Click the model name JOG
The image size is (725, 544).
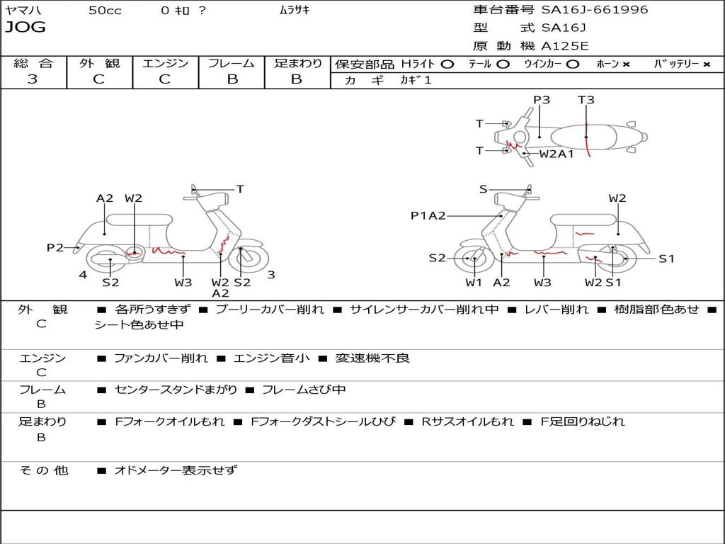[25, 28]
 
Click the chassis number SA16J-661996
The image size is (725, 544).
[595, 10]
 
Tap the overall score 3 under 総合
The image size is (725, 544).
[33, 79]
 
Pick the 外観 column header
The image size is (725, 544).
[99, 63]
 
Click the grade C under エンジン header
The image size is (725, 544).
[164, 79]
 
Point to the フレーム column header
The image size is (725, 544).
[231, 63]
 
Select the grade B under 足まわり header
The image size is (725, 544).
[297, 79]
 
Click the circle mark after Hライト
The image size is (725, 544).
[447, 64]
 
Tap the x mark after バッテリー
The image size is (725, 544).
[706, 64]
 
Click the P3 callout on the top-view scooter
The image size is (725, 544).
[542, 100]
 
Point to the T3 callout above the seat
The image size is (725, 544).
[586, 100]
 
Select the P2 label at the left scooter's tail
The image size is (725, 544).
[55, 247]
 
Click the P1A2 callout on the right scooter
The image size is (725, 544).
[428, 215]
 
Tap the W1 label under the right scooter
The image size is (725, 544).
[473, 283]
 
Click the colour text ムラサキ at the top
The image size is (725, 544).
[295, 10]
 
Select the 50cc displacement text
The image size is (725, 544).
[105, 10]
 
